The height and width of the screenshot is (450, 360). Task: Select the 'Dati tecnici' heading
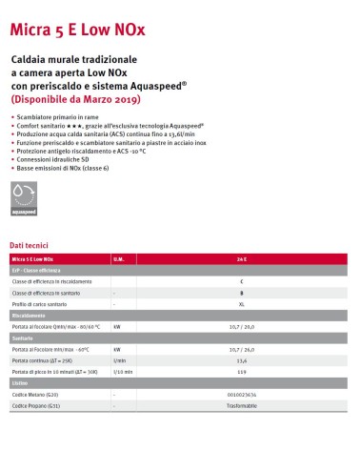coord(30,245)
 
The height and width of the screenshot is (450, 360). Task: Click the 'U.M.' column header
coord(119,258)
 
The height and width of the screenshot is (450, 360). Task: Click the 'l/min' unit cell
coord(119,361)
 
